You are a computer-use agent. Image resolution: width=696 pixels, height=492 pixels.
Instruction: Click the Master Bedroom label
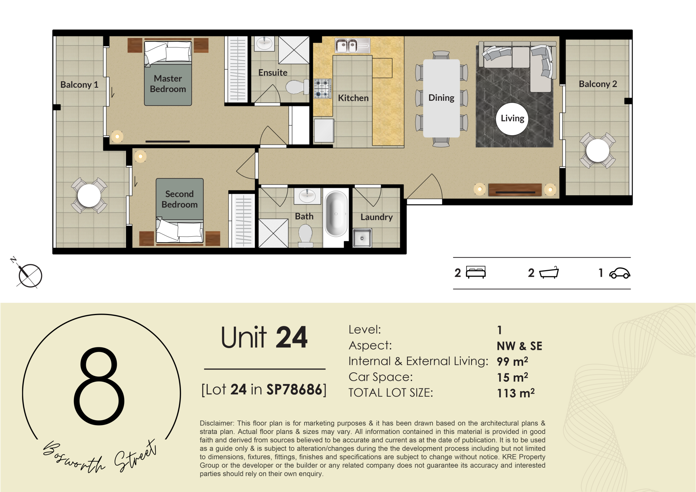click(168, 84)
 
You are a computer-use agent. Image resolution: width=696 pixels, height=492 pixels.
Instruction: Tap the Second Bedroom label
click(179, 199)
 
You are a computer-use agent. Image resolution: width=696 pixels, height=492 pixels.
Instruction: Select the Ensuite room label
click(273, 73)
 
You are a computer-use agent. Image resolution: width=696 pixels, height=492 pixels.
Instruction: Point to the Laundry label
click(376, 217)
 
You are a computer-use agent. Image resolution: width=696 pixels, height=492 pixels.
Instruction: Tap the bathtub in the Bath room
click(336, 214)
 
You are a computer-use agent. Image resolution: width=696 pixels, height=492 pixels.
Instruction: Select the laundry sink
click(362, 238)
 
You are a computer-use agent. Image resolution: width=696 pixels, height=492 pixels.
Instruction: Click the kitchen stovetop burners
click(322, 88)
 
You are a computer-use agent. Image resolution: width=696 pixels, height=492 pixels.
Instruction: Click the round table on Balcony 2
click(597, 150)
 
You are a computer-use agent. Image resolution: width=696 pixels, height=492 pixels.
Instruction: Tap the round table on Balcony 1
click(89, 195)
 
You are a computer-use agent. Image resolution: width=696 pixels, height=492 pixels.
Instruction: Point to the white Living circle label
click(512, 119)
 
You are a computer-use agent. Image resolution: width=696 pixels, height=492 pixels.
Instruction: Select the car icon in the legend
click(620, 273)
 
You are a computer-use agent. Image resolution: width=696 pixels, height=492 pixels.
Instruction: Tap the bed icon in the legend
click(476, 272)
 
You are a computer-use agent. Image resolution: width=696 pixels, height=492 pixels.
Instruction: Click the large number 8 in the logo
click(99, 385)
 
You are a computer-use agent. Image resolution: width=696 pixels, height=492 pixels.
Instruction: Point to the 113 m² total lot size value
click(515, 393)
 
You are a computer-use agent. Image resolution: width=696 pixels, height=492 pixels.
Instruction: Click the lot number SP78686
click(294, 390)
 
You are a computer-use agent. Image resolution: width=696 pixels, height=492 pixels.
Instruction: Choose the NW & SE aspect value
click(519, 346)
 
